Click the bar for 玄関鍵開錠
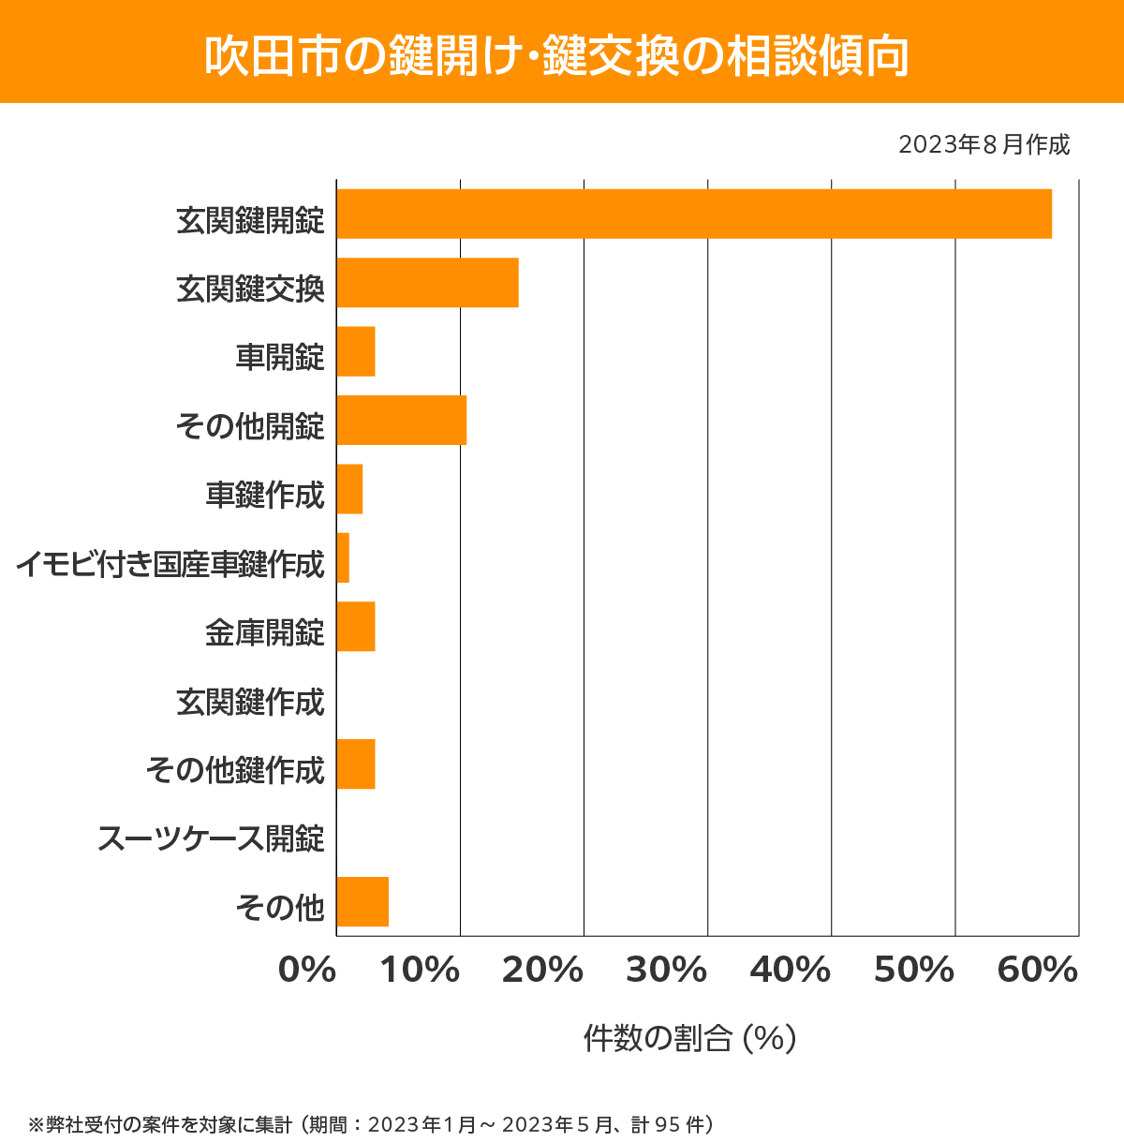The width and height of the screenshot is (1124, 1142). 694,214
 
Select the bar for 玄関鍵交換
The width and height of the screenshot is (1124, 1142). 427,282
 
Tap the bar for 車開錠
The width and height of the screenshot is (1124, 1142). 356,351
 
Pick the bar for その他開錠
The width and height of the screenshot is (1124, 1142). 401,420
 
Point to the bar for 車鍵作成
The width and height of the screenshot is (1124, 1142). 349,489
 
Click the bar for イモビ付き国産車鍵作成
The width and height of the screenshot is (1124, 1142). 343,557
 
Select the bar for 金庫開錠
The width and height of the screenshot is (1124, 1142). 356,627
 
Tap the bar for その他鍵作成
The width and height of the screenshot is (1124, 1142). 356,764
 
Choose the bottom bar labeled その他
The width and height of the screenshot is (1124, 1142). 362,901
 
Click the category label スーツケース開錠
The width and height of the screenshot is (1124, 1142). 211,838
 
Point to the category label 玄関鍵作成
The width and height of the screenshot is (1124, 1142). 250,701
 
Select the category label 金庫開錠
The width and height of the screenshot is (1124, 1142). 265,632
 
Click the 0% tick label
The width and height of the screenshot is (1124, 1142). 307,971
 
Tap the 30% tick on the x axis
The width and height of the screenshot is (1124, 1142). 666,971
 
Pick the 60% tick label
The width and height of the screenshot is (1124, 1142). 1038,971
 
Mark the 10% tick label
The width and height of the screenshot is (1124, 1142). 419,971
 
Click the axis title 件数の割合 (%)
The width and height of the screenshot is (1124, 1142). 689,1038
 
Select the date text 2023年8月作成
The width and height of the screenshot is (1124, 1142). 983,144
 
